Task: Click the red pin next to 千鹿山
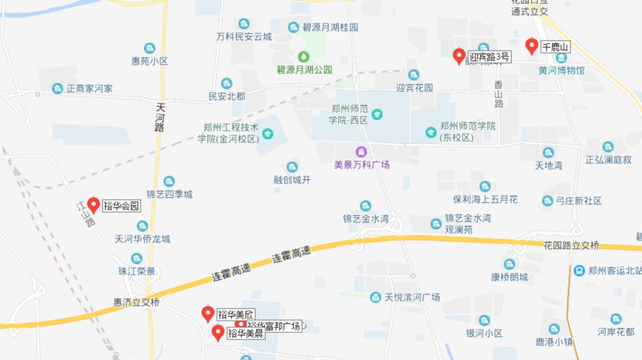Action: point(531,46)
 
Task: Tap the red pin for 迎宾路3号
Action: point(459,56)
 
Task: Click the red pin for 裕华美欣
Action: point(208,313)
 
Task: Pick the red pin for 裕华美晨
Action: point(218,332)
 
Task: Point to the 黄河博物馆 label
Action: point(561,70)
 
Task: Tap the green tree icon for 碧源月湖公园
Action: point(304,56)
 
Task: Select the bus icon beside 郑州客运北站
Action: point(578,271)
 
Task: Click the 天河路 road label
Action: point(160,117)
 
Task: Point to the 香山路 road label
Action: point(499,94)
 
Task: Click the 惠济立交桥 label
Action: point(137,303)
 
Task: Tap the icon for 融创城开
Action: point(292,167)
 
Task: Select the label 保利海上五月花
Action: point(485,199)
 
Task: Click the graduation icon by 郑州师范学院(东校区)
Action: point(431,132)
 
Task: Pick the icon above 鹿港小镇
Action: point(554,329)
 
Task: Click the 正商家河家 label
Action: point(89,89)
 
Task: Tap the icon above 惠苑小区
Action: point(149,48)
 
